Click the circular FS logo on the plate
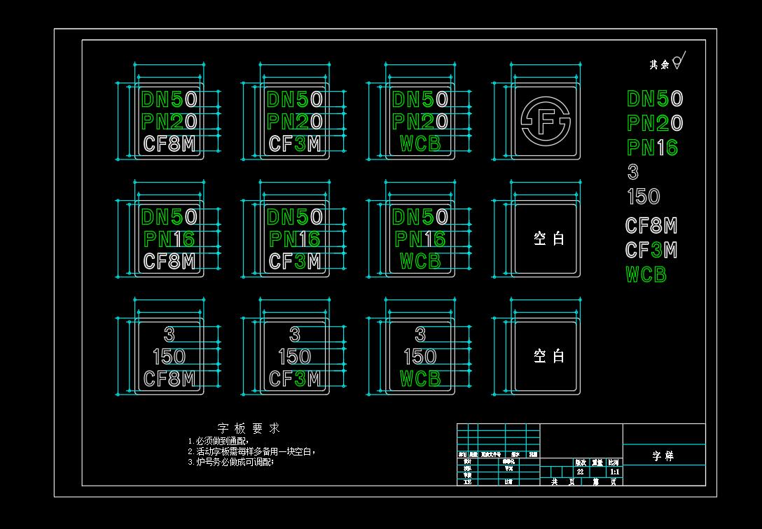pos(546,121)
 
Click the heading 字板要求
pos(249,428)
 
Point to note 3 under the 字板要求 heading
pos(230,462)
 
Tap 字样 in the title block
pos(663,456)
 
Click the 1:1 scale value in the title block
pos(614,472)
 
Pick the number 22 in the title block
pos(580,472)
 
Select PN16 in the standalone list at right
pos(652,148)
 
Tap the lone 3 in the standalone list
pos(633,172)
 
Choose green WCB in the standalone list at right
pos(646,275)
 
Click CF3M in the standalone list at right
pos(651,250)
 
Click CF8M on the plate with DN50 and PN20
pos(169,144)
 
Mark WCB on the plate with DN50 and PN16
pos(420,261)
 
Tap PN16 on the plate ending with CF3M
pos(295,239)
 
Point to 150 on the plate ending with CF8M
pos(169,357)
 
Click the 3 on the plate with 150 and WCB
pos(420,334)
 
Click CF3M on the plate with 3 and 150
pos(295,379)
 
